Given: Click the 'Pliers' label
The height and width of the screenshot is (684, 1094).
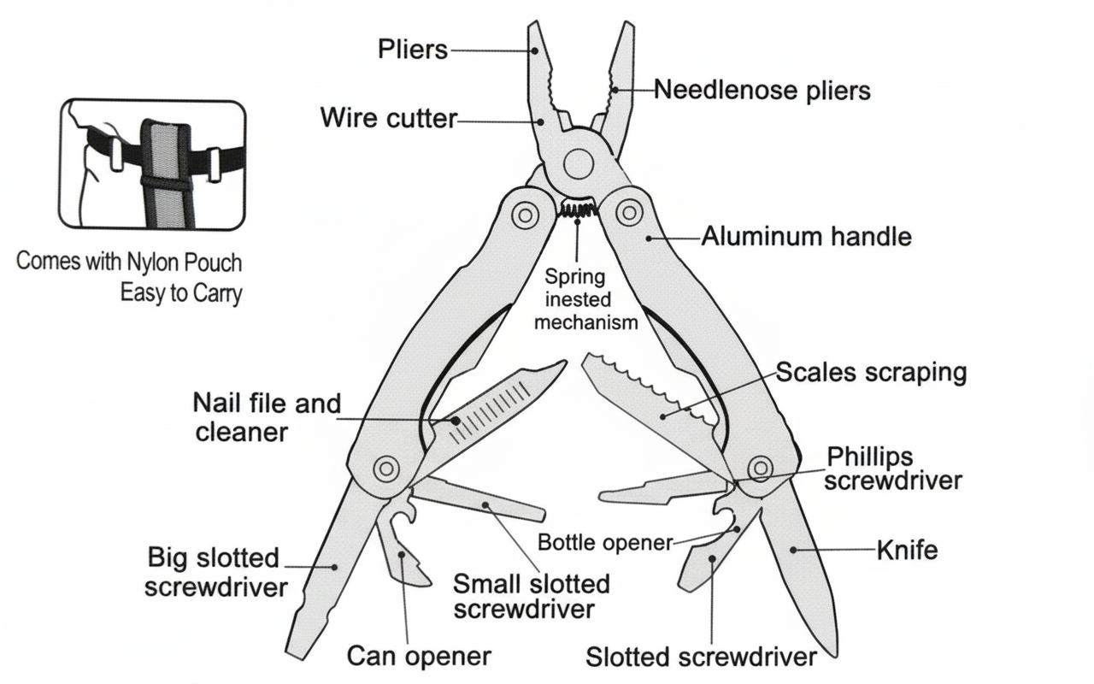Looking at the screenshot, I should coord(413,50).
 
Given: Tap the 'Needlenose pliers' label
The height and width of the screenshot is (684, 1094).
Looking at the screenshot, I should coord(762,90).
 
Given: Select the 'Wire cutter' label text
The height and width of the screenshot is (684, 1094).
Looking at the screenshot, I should coord(389,118).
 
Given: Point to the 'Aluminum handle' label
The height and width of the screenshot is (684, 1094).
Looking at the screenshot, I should coord(806,236).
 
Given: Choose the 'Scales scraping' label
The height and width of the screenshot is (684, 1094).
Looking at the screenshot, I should coord(871,373).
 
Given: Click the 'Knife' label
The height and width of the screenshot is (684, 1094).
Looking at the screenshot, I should coord(907,550).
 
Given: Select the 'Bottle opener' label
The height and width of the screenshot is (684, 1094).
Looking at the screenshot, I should coord(605,543).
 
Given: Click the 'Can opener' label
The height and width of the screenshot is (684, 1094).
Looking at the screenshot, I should coord(419,656).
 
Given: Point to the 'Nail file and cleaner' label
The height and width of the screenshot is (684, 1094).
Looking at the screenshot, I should coord(267,417).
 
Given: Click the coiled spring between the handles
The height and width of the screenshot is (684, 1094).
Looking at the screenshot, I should coord(578,208).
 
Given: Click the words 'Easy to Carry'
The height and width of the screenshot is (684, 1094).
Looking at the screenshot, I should coord(181,293).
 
